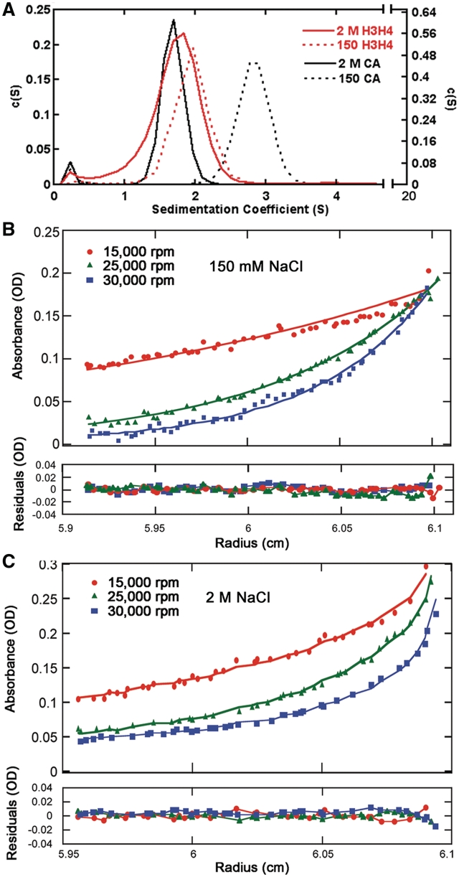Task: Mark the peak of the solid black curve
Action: click(x=174, y=21)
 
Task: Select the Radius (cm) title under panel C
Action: click(x=245, y=866)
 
